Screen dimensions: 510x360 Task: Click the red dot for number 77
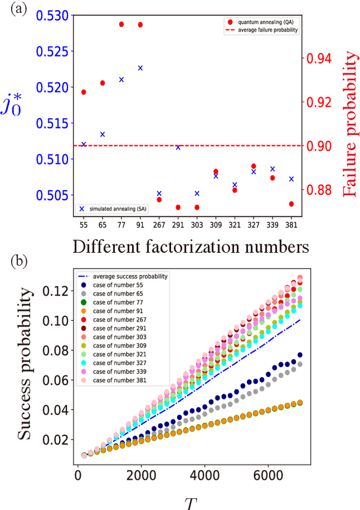(x=121, y=24)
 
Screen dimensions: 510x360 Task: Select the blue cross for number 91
(x=140, y=68)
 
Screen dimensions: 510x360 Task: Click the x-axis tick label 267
(x=159, y=224)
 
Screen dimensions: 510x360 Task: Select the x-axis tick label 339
(x=272, y=224)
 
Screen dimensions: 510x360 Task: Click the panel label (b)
(x=15, y=263)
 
